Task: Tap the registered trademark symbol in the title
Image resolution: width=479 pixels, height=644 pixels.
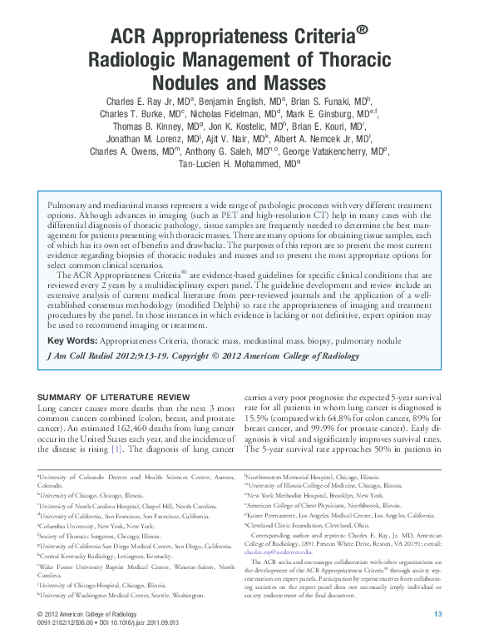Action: click(x=362, y=31)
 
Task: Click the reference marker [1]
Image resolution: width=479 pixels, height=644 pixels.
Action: click(x=117, y=450)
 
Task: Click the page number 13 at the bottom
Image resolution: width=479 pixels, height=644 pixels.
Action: click(x=437, y=614)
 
